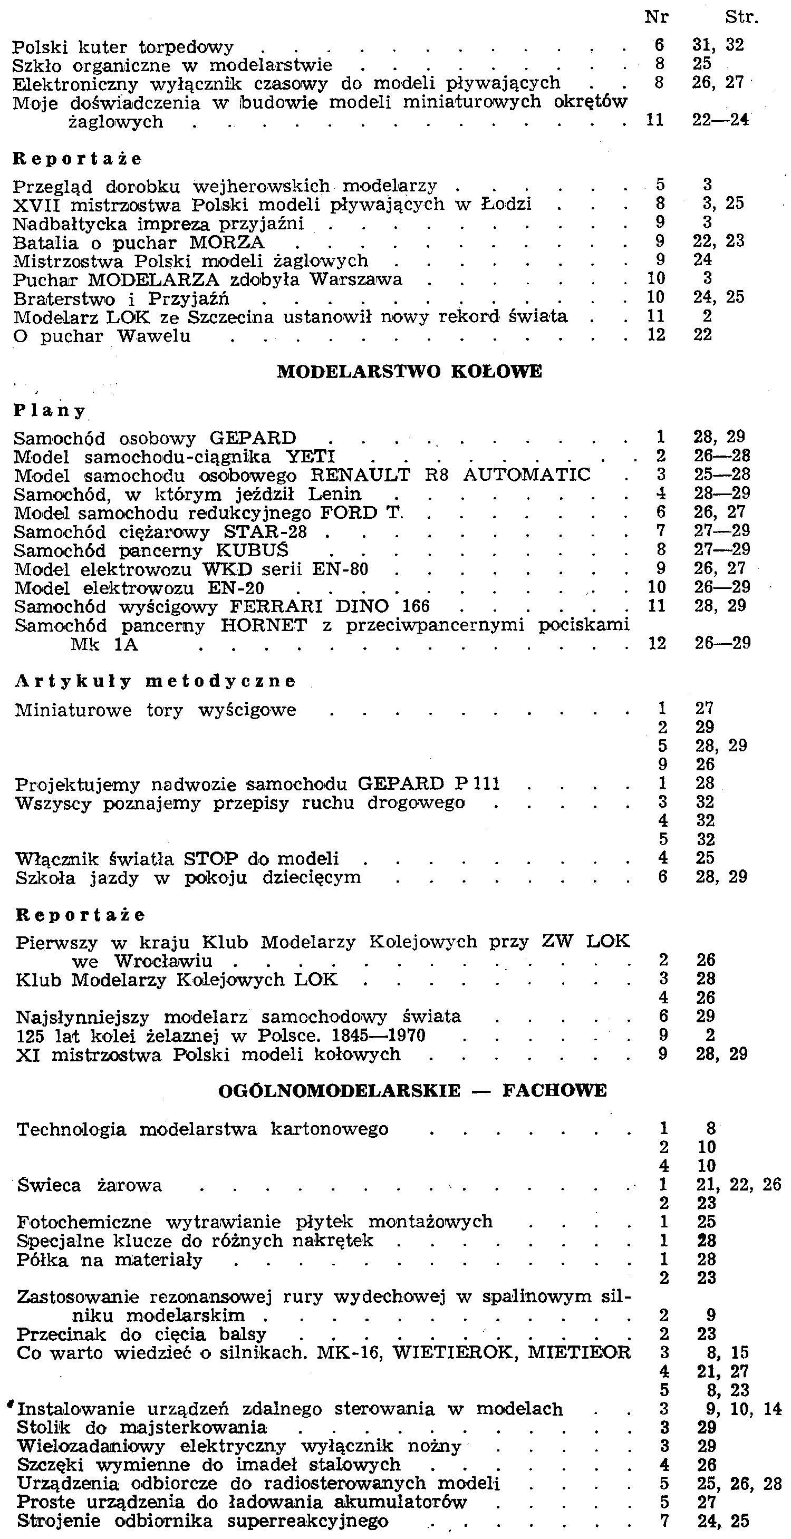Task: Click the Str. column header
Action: [x=741, y=17]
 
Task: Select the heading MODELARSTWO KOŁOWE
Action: [x=409, y=371]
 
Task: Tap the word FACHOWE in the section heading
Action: [x=554, y=1090]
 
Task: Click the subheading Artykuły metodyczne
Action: [x=156, y=681]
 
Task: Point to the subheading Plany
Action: [x=50, y=411]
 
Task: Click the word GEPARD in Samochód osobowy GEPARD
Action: [x=253, y=439]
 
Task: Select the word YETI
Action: [x=310, y=457]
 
